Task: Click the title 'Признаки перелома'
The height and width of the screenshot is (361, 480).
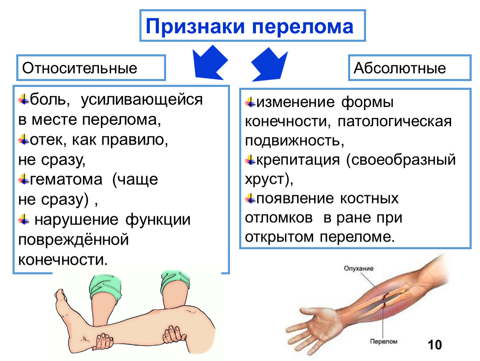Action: coord(250,26)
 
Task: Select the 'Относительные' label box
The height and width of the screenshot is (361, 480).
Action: coord(91,67)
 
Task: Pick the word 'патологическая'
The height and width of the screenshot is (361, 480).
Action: coord(394,122)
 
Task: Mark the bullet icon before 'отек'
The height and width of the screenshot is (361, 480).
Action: coord(23,139)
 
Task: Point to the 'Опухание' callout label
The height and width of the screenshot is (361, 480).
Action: coord(358,269)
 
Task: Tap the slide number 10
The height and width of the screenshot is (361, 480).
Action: coord(434,345)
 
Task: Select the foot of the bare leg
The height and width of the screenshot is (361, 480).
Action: coord(69,318)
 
